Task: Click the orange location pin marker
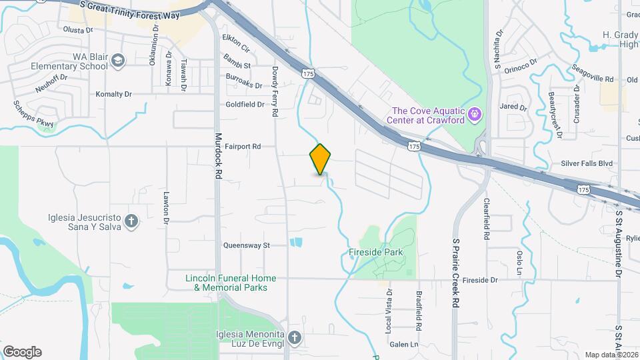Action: [320, 159]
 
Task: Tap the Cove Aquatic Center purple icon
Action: [474, 114]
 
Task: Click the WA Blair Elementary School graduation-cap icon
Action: [118, 61]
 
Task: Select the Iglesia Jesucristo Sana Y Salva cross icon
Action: [131, 221]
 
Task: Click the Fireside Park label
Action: [376, 253]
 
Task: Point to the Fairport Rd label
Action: [242, 146]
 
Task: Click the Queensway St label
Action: [247, 245]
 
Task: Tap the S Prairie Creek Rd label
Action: [456, 273]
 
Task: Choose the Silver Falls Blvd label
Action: [587, 163]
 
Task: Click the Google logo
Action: [22, 352]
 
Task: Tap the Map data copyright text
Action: [611, 355]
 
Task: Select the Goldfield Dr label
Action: [245, 105]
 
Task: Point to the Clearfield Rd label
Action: [487, 218]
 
